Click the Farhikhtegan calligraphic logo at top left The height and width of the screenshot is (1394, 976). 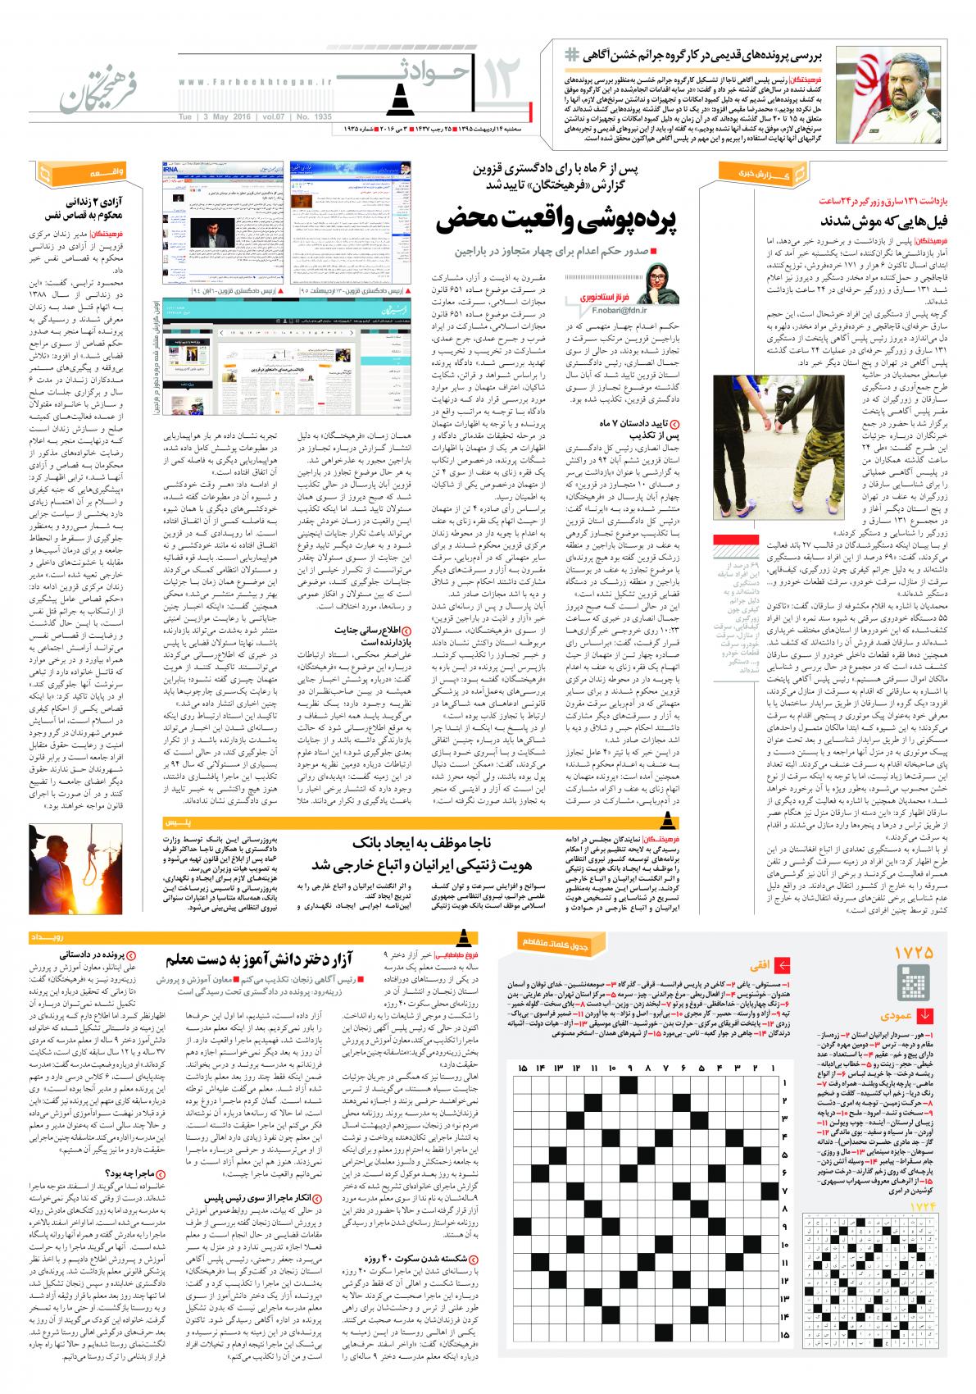point(84,89)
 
